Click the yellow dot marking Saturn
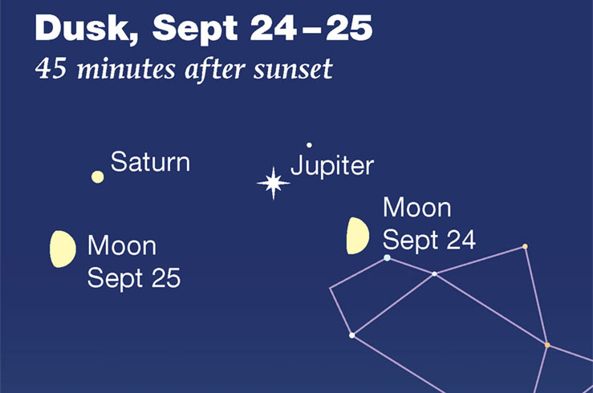pos(97,176)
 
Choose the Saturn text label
pos(150,162)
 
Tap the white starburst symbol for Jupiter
pos(273,184)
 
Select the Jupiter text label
pos(331,166)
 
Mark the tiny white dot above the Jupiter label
pos(309,145)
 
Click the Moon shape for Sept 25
pos(63,249)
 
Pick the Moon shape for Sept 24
pos(357,235)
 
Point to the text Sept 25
pos(134,278)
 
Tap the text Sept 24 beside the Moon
pos(429,239)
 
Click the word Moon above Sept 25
pos(122,245)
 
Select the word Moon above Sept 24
pos(417,208)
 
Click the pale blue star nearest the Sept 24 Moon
pos(387,257)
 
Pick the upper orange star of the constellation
pos(525,246)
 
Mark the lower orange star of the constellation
pos(547,345)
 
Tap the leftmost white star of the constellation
pos(351,335)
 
